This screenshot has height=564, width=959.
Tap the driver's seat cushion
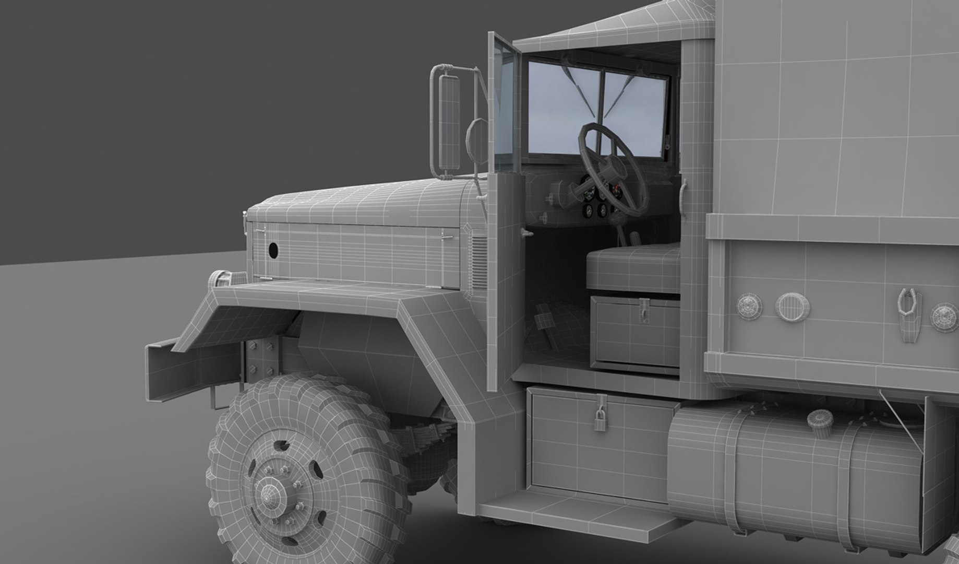(x=633, y=269)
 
